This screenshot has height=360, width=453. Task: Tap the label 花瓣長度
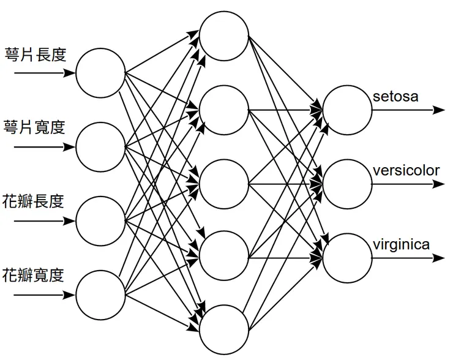pyautogui.click(x=34, y=201)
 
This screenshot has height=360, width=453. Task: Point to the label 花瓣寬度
pyautogui.click(x=34, y=274)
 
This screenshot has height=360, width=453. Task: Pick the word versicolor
pyautogui.click(x=406, y=170)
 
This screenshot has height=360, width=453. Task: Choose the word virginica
pyautogui.click(x=401, y=244)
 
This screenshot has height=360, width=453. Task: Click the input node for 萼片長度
pyautogui.click(x=100, y=73)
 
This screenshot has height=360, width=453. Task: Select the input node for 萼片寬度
pyautogui.click(x=100, y=147)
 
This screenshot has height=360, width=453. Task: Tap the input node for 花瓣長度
pyautogui.click(x=100, y=220)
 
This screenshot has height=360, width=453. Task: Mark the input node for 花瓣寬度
pyautogui.click(x=100, y=294)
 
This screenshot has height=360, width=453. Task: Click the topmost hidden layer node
pyautogui.click(x=224, y=37)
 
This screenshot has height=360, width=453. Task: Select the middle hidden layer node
pyautogui.click(x=224, y=184)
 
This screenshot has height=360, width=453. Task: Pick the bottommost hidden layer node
pyautogui.click(x=224, y=331)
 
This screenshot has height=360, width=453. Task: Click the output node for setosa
pyautogui.click(x=347, y=110)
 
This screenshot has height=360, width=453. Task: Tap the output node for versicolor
pyautogui.click(x=347, y=184)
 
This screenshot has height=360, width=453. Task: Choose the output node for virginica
pyautogui.click(x=347, y=257)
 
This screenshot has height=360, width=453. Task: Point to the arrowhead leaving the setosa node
pyautogui.click(x=440, y=110)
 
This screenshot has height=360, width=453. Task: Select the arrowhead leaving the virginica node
pyautogui.click(x=440, y=257)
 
